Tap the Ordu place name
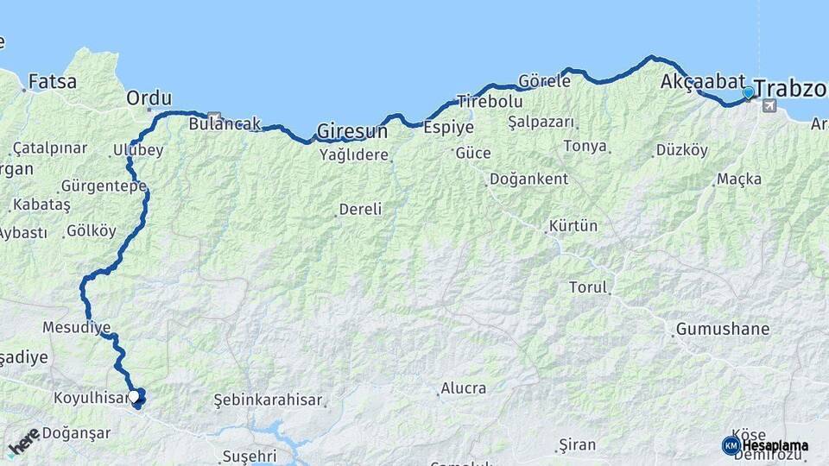(x=149, y=98)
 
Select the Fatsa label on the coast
(x=53, y=82)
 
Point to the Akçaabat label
(x=702, y=82)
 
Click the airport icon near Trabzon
(x=769, y=106)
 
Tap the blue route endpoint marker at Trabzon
(x=749, y=92)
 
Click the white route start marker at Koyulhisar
(x=136, y=397)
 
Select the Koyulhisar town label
(x=91, y=399)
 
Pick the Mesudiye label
(x=77, y=328)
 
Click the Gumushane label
(x=723, y=329)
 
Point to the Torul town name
(x=588, y=287)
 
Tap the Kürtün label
(x=573, y=226)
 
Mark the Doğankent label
(x=528, y=179)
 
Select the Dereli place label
(x=361, y=209)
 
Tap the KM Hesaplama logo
(x=765, y=445)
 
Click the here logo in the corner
(x=24, y=442)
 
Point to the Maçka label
(x=739, y=179)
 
